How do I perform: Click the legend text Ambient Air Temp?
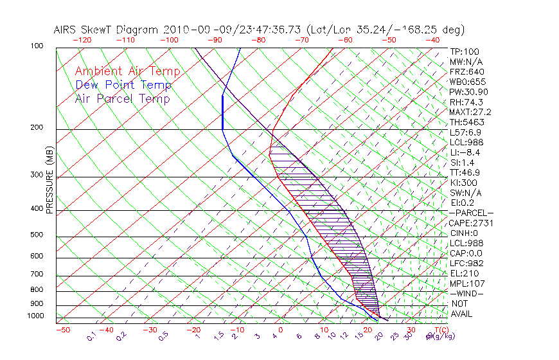(127, 71)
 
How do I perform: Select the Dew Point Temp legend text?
(123, 85)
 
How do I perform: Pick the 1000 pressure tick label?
(37, 316)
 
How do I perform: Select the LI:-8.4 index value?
(465, 152)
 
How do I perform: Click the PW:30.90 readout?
(469, 92)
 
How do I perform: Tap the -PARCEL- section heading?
(471, 213)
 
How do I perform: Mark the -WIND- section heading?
(467, 293)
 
